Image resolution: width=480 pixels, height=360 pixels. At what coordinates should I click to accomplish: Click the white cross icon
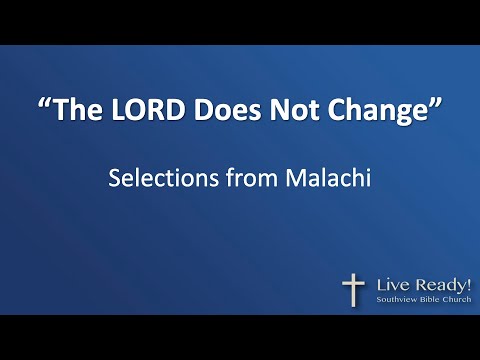(353, 288)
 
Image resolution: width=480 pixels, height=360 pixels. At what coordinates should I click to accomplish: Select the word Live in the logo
(391, 283)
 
